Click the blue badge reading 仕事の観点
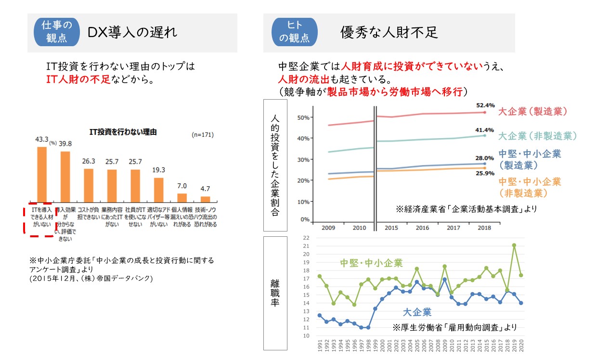coord(56,32)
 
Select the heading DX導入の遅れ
coord(132,32)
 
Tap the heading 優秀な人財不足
coord(389,32)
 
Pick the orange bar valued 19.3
coord(159,189)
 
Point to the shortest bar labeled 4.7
coord(206,198)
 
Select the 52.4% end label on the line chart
coord(485,105)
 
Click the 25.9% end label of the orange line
coord(485,173)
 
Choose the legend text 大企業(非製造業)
coord(537,135)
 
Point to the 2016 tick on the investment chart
coord(422,228)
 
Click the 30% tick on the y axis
coord(303,159)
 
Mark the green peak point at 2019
coord(514,245)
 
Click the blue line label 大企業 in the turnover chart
coord(417,312)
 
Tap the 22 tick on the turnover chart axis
coord(306,238)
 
